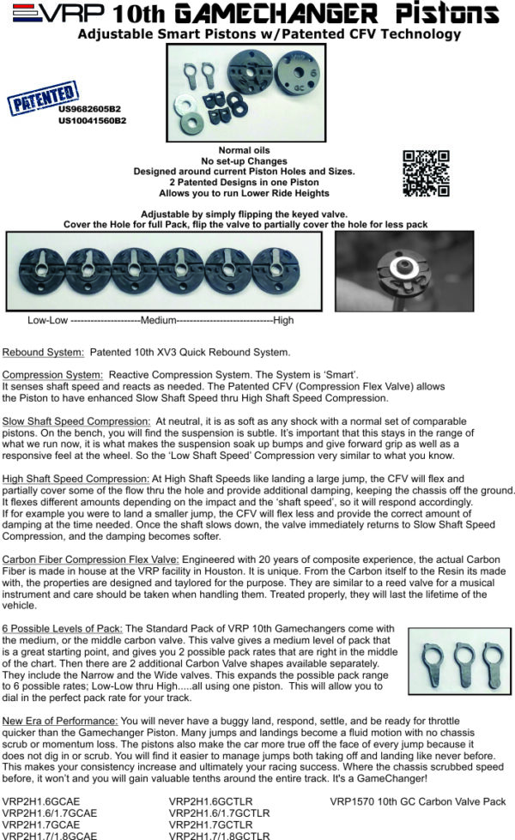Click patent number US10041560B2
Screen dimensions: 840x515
(92, 121)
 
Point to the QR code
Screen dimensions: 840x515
(426, 173)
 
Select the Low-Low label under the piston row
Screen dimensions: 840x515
(47, 320)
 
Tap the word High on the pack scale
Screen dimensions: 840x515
(284, 320)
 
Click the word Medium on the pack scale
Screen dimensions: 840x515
(160, 320)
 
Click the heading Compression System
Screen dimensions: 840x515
(52, 374)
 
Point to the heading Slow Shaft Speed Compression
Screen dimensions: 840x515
(76, 421)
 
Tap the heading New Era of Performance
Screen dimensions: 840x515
(60, 720)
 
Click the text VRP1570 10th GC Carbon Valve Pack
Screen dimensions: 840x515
(418, 802)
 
